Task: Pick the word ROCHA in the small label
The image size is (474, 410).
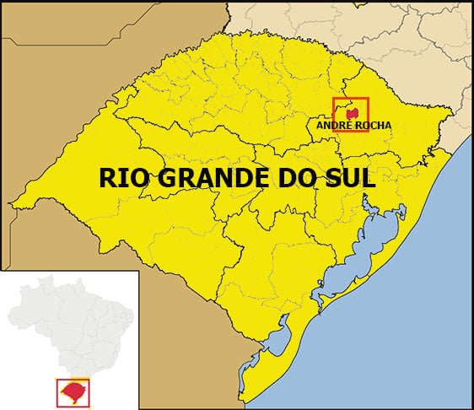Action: (371, 125)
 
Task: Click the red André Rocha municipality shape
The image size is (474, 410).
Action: (353, 112)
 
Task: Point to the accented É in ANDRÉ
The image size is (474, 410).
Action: (345, 125)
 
